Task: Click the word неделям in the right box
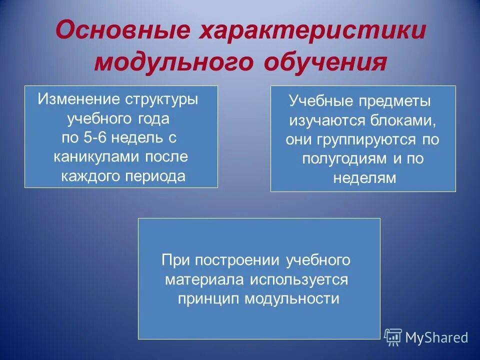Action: click(364, 178)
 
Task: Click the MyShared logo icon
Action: click(393, 337)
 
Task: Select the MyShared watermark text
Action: click(436, 337)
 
